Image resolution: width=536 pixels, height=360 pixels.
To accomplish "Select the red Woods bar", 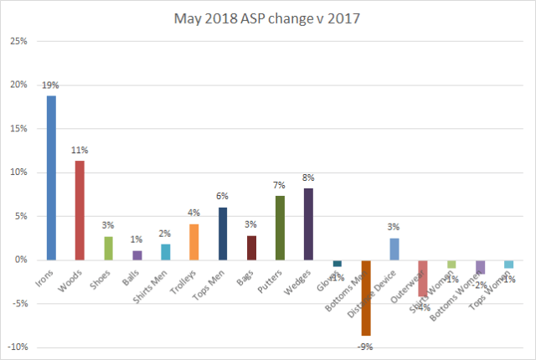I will click(x=79, y=210).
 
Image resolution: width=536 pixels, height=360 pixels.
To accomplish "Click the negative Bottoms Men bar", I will click(x=366, y=297).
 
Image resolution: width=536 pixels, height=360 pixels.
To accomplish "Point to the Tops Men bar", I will click(x=223, y=234).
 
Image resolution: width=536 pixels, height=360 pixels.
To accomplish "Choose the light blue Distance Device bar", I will click(x=394, y=249).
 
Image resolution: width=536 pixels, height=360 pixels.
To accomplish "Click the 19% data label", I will click(x=50, y=85).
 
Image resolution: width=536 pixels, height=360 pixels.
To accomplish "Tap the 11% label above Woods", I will click(x=79, y=151).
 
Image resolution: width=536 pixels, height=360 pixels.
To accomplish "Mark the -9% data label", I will click(x=366, y=346).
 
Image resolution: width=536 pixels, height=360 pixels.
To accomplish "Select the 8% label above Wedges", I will click(x=308, y=178).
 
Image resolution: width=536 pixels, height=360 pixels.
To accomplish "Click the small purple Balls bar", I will click(x=137, y=255).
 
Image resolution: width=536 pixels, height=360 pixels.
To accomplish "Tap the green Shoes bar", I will click(x=108, y=248).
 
